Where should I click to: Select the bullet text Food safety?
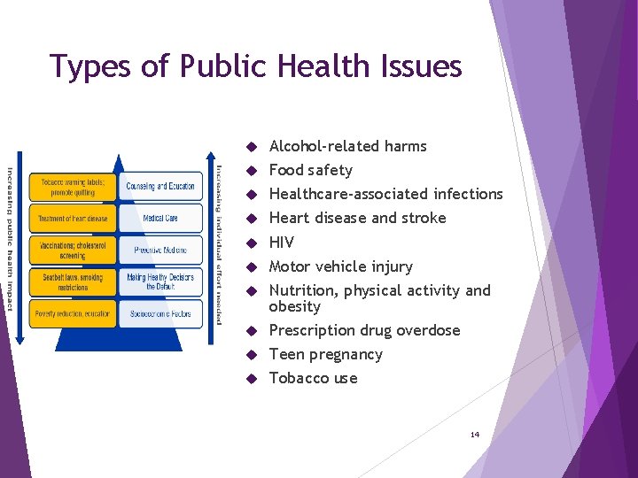(310, 170)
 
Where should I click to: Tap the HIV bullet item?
(281, 243)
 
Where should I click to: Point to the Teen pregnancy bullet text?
(325, 354)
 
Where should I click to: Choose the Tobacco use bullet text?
(313, 378)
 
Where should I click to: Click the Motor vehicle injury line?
(340, 266)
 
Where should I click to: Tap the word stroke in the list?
(424, 218)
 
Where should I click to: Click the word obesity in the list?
(294, 306)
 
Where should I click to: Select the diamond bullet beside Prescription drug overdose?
(252, 331)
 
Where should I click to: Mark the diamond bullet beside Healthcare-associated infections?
(252, 195)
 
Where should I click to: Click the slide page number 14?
(475, 435)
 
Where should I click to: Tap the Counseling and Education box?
(160, 186)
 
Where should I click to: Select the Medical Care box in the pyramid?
(160, 218)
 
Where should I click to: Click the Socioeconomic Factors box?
(160, 313)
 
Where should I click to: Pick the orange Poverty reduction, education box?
(73, 313)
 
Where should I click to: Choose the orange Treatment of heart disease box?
(73, 218)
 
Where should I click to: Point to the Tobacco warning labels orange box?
(73, 186)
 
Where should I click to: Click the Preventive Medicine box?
(160, 250)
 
